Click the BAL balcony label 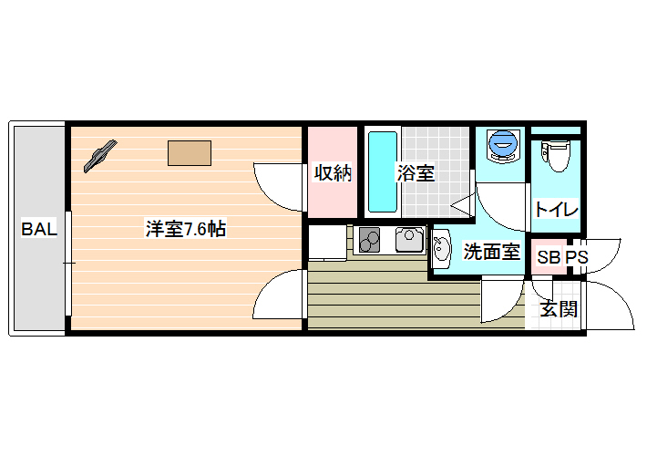pyautogui.click(x=39, y=229)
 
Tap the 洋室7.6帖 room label pyautogui.click(x=186, y=229)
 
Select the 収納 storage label pyautogui.click(x=333, y=173)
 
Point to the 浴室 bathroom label pyautogui.click(x=416, y=173)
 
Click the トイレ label pyautogui.click(x=556, y=210)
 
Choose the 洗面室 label pyautogui.click(x=491, y=252)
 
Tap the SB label pyautogui.click(x=549, y=257)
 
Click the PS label pyautogui.click(x=576, y=257)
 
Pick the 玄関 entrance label pyautogui.click(x=559, y=308)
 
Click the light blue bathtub pyautogui.click(x=383, y=171)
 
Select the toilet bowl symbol pyautogui.click(x=556, y=156)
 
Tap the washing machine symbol pyautogui.click(x=503, y=146)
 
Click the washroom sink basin pyautogui.click(x=442, y=249)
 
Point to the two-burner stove pyautogui.click(x=369, y=240)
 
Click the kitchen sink pyautogui.click(x=409, y=240)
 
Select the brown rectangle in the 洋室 pyautogui.click(x=190, y=153)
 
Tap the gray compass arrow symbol pyautogui.click(x=100, y=156)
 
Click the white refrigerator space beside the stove pyautogui.click(x=328, y=243)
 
